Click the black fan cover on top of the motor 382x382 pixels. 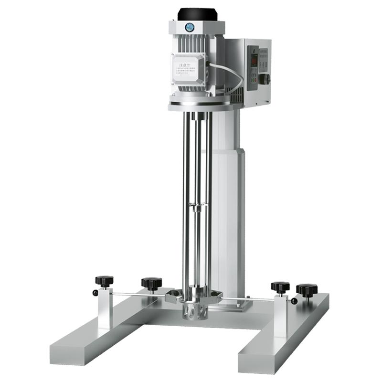click(x=197, y=14)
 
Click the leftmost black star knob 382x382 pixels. click(x=104, y=280)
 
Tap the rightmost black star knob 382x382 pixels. click(x=307, y=289)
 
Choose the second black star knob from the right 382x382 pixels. click(x=280, y=286)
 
